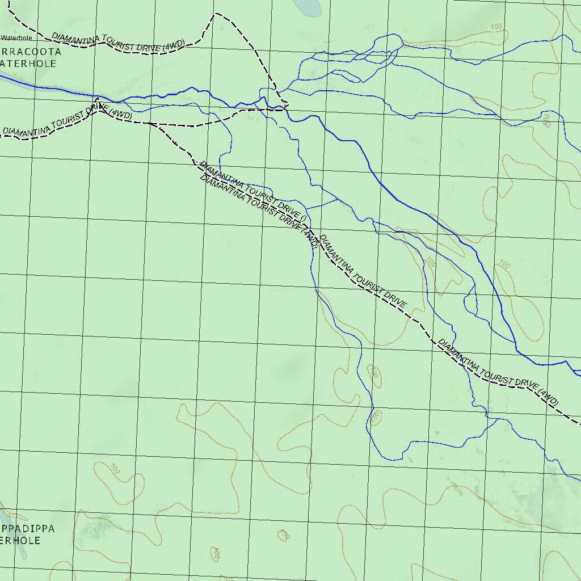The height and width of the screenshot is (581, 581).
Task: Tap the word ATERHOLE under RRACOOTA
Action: (x=28, y=64)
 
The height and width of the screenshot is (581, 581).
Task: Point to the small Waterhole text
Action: (x=16, y=38)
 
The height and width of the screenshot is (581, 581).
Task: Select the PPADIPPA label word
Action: (x=27, y=529)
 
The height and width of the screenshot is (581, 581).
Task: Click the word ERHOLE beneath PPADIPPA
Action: (x=20, y=541)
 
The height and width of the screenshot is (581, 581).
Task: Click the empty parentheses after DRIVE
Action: (x=304, y=218)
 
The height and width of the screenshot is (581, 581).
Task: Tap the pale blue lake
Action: (x=307, y=7)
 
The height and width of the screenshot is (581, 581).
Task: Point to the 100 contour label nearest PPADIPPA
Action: (x=115, y=469)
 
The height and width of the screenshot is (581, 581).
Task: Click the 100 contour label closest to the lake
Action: (x=496, y=27)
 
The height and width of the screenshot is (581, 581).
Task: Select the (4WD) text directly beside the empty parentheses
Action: (x=310, y=238)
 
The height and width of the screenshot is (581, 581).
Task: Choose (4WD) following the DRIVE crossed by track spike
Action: (x=122, y=115)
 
